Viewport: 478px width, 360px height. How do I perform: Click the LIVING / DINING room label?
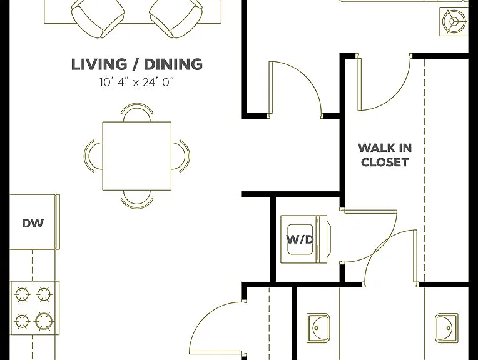tap(137, 64)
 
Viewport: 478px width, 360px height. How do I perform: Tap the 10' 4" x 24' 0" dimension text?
tap(136, 82)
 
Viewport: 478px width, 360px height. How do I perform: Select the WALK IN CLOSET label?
tap(385, 155)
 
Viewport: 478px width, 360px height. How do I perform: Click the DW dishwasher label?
tap(33, 224)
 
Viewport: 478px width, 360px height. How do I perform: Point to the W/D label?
tap(300, 239)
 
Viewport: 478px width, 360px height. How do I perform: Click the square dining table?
tap(137, 156)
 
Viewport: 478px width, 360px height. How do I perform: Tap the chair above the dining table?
tap(137, 112)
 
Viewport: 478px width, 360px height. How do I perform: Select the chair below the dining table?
tap(137, 199)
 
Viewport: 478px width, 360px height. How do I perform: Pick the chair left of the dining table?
tap(93, 156)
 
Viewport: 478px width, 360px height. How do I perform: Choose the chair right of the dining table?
tap(180, 156)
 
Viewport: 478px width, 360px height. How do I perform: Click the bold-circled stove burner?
tap(44, 321)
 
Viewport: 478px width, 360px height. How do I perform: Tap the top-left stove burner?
tap(23, 295)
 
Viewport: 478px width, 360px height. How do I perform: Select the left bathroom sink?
tap(318, 327)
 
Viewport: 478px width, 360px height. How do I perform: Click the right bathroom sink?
tap(447, 327)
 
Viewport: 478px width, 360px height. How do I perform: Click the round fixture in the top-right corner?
tap(454, 21)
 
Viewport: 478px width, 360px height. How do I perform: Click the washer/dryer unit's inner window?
tap(300, 239)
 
